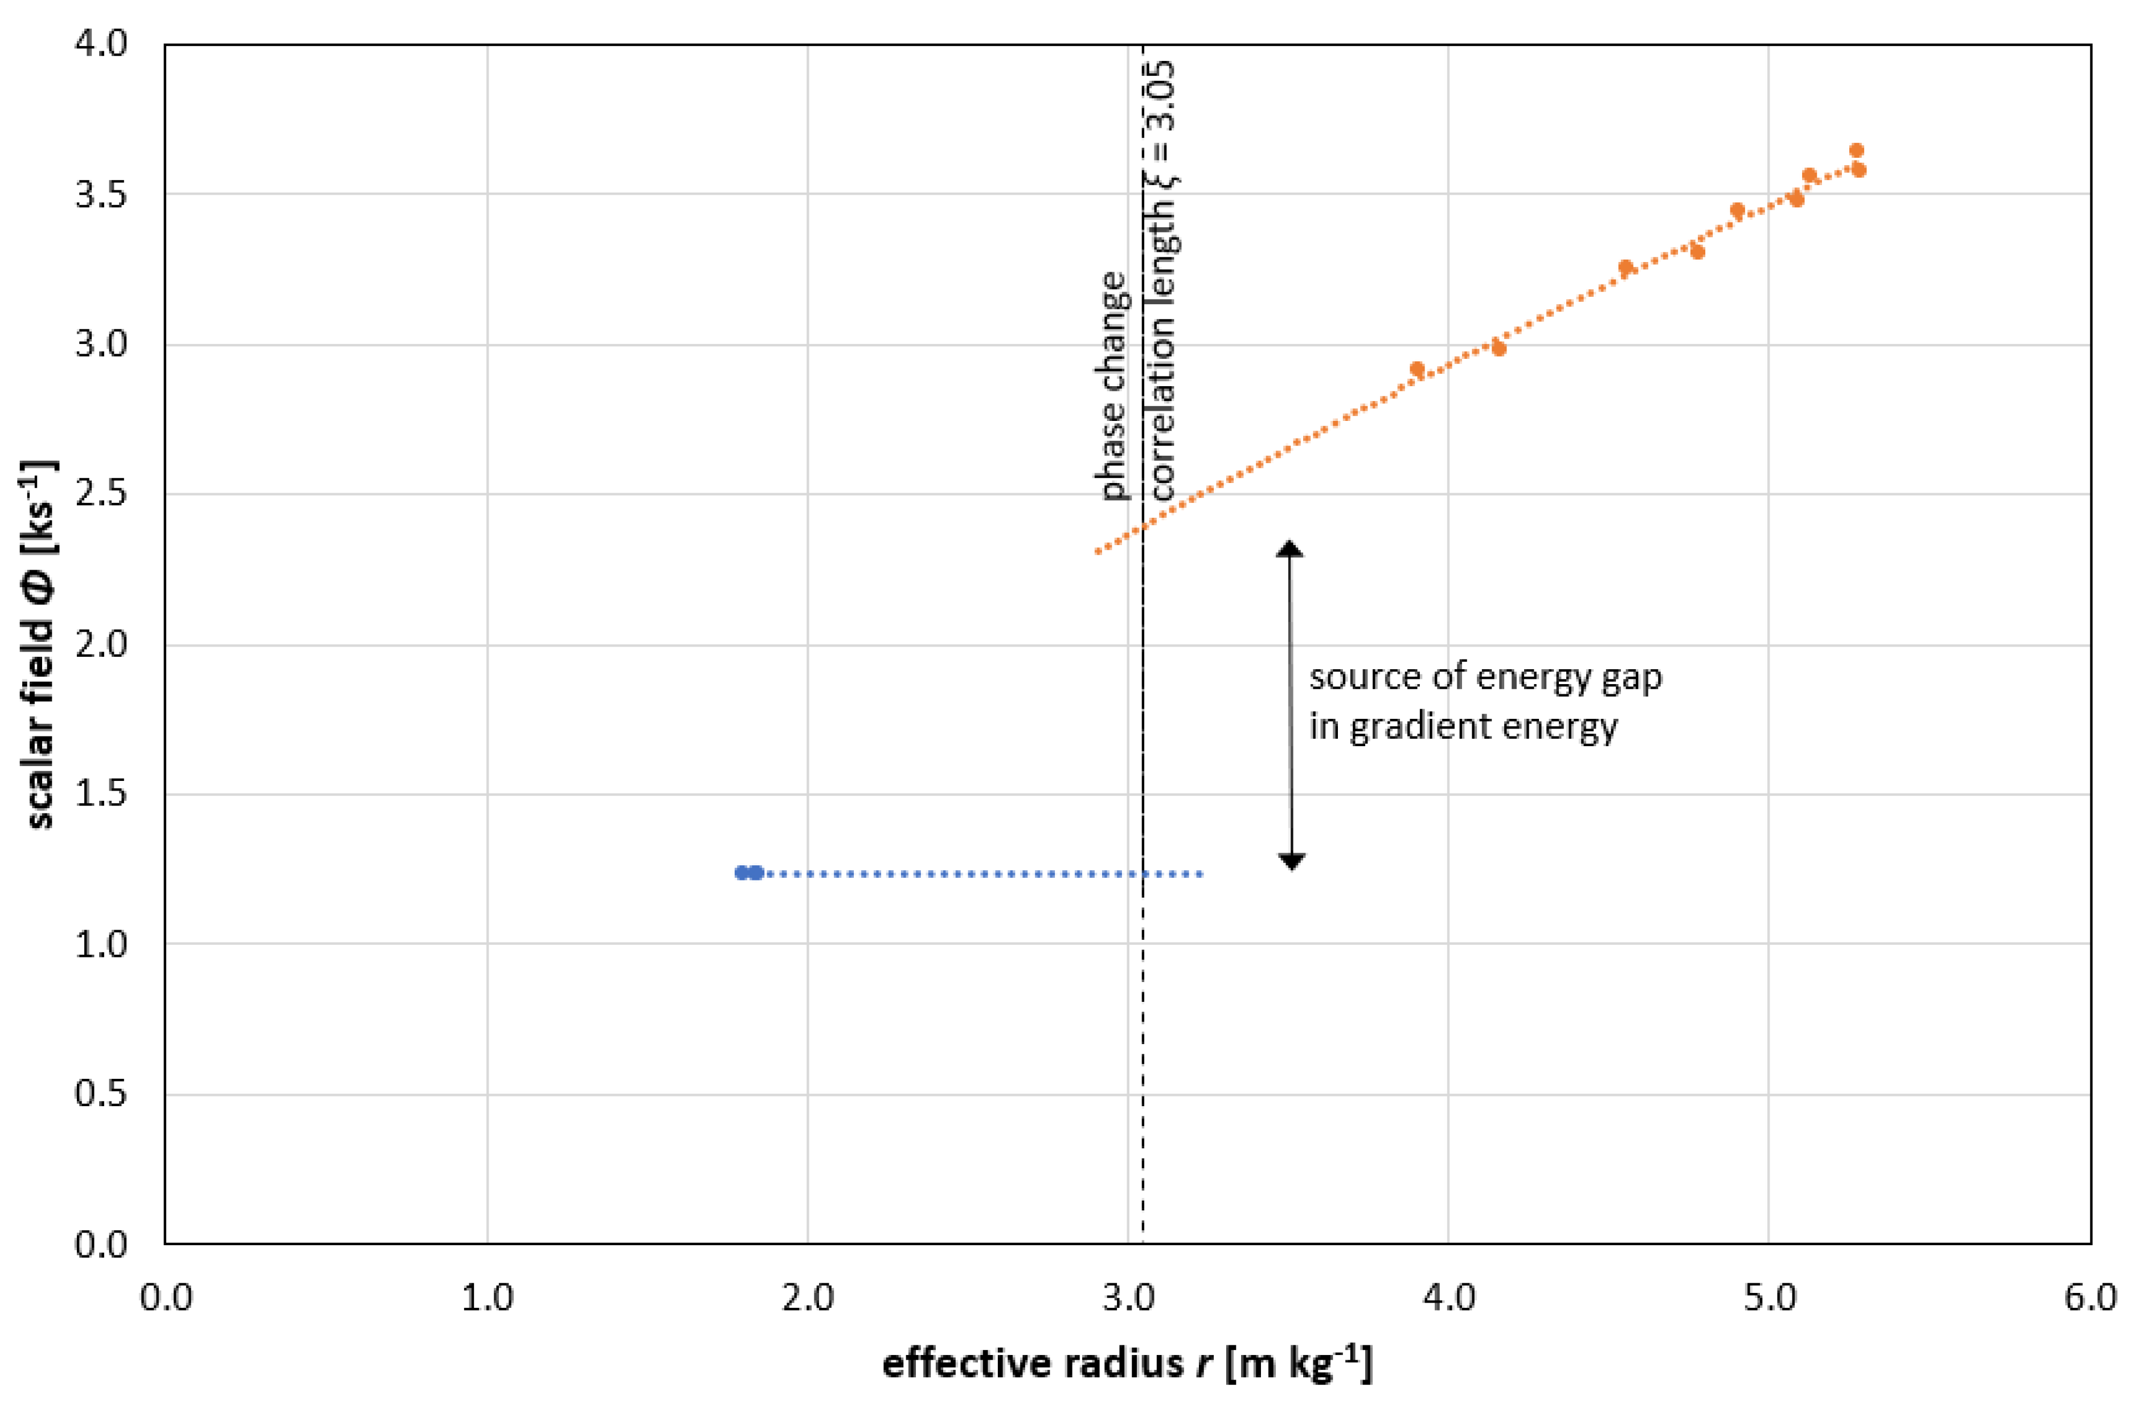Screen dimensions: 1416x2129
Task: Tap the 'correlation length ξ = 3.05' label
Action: pyautogui.click(x=1164, y=280)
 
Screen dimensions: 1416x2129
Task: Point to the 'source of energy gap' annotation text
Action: pyautogui.click(x=1485, y=677)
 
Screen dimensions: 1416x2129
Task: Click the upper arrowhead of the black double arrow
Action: pyautogui.click(x=1289, y=548)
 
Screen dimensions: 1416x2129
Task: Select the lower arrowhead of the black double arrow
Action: pyautogui.click(x=1292, y=862)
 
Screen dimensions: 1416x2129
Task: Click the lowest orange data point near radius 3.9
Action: pyautogui.click(x=1416, y=369)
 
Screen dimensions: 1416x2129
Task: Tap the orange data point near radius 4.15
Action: pyautogui.click(x=1499, y=347)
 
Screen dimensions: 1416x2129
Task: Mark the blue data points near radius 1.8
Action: pyautogui.click(x=748, y=873)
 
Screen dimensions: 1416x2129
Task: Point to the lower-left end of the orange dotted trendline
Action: pyautogui.click(x=1097, y=551)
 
